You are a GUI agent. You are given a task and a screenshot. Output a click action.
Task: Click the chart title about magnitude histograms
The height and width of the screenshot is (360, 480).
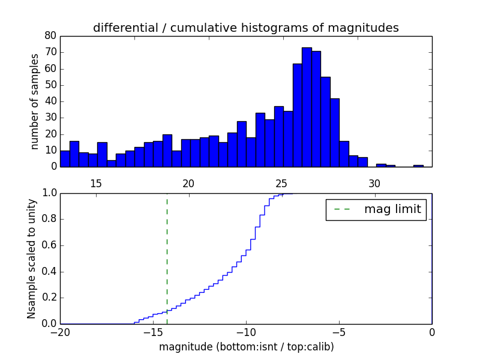click(245, 28)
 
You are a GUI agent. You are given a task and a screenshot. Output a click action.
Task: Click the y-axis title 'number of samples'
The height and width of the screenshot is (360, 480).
click(35, 101)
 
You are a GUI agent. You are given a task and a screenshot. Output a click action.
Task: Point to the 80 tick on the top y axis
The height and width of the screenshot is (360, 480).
click(50, 35)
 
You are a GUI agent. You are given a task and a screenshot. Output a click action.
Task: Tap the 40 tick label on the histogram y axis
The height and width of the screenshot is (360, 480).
click(50, 101)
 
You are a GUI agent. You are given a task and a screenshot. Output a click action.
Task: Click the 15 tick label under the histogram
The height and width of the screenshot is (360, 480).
click(96, 183)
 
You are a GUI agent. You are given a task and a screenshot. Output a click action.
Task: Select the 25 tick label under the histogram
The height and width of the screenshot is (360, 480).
click(282, 183)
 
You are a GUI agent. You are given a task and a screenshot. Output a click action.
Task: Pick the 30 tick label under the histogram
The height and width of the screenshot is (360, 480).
click(374, 183)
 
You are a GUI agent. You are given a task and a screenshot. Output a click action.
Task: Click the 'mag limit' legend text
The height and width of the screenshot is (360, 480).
click(392, 209)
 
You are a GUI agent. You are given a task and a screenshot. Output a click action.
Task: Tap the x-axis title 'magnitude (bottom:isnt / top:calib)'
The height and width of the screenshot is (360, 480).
click(246, 347)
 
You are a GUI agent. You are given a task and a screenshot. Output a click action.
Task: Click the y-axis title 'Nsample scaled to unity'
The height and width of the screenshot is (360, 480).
click(31, 258)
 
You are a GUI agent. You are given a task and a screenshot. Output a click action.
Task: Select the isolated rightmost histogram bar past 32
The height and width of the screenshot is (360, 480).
click(418, 165)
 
